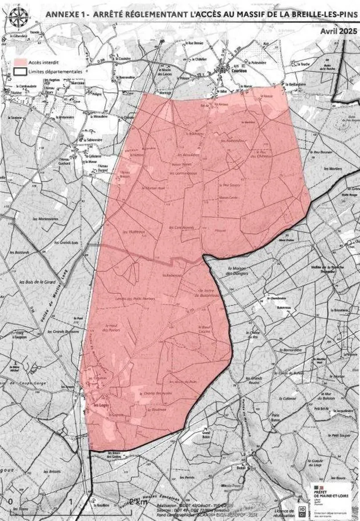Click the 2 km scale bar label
[141, 502]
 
